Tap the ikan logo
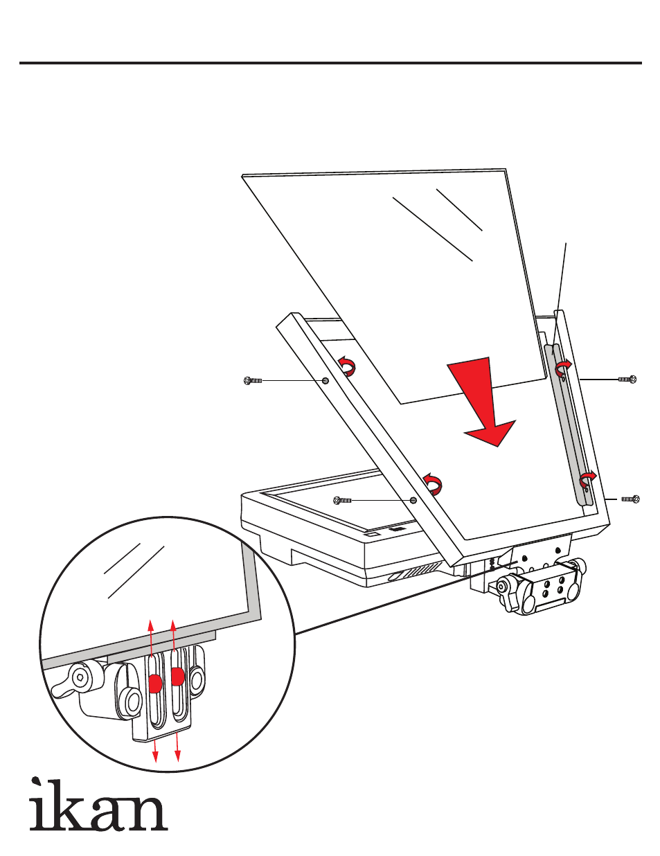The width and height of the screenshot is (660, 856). [99, 805]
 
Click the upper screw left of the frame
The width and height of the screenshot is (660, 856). [252, 381]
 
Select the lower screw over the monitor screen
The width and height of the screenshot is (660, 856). [342, 500]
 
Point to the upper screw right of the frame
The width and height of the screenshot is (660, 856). [627, 379]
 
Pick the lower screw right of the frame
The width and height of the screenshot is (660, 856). [630, 499]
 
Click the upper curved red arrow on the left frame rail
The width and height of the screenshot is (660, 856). [347, 366]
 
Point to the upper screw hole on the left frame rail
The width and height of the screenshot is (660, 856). [325, 380]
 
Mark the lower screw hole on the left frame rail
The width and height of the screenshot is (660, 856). [413, 500]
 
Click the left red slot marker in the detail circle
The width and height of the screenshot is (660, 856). [155, 683]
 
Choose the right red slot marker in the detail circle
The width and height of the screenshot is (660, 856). [177, 676]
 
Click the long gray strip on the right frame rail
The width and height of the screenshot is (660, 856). [569, 423]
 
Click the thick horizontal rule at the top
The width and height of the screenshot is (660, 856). [330, 62]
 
